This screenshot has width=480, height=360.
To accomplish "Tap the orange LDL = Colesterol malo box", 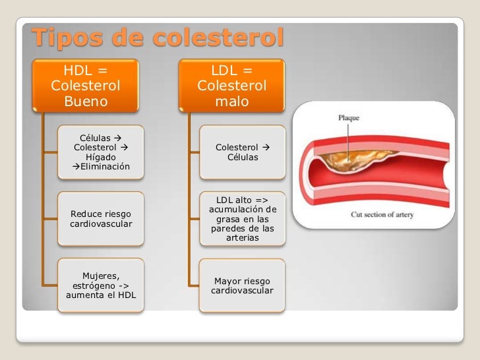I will coord(231,86).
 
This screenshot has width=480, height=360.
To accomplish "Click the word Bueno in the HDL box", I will coord(86,102).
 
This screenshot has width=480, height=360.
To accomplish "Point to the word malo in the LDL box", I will coord(231,102).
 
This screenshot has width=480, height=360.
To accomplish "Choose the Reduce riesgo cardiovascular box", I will coord(100,219).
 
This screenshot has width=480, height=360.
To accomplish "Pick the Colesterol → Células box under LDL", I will coord(243,152).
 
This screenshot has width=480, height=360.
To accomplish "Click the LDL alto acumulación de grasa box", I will coord(243,219).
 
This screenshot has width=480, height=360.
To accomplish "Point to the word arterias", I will coord(243,238).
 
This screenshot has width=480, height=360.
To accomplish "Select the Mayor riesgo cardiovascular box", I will coord(243,285).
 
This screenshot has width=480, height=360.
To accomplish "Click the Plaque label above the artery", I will coord(349,118).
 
